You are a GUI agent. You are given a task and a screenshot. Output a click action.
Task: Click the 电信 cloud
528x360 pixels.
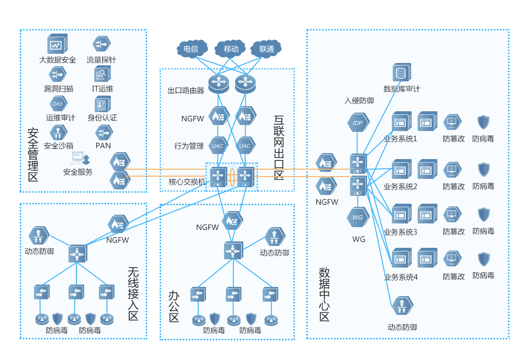tap(190, 49)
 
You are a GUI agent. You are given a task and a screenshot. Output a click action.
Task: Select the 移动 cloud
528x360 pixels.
tap(231, 49)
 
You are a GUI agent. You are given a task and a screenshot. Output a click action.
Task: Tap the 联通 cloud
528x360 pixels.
tap(266, 49)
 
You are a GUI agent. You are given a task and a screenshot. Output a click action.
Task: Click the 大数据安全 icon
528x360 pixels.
tap(57, 44)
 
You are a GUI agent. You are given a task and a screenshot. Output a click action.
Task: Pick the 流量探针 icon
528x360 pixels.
tap(101, 44)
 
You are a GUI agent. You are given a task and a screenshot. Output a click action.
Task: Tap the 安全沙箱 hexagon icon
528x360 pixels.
tap(58, 133)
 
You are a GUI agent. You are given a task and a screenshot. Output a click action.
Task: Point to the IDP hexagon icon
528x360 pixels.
tap(358, 123)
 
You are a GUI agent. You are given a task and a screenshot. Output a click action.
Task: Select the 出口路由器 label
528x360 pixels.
tap(186, 91)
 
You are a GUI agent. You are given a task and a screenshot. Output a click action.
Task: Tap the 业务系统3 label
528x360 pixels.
tap(401, 232)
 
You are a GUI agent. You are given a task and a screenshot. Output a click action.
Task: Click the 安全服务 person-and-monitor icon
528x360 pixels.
tap(78, 159)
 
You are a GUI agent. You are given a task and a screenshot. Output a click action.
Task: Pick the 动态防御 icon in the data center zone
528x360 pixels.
tap(402, 306)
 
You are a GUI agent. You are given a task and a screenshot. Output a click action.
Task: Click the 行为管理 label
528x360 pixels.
tap(189, 146)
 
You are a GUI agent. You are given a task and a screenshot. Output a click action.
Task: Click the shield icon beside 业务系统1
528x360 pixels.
tap(483, 122)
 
